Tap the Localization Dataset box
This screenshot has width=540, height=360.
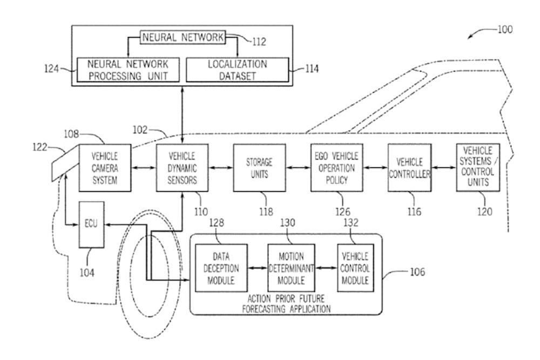[237, 70]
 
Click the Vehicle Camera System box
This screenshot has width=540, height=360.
[105, 167]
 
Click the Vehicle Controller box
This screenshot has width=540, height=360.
[409, 167]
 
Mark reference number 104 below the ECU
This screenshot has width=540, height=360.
[87, 273]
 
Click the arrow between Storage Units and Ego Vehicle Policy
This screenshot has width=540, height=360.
[299, 168]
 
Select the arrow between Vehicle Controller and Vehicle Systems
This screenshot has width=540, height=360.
[443, 168]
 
